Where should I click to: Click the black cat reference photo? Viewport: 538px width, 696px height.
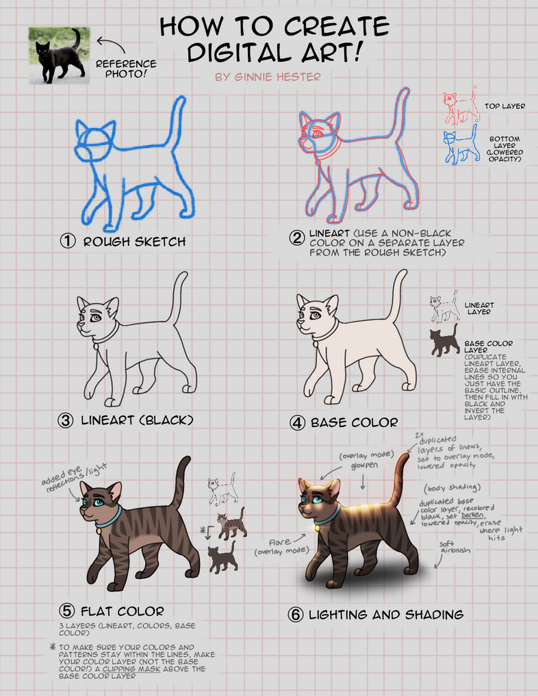click(x=58, y=55)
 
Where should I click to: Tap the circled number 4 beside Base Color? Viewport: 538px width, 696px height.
click(x=296, y=422)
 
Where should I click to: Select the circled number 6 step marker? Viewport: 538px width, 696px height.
click(x=296, y=615)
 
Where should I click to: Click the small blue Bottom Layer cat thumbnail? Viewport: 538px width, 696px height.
click(x=461, y=146)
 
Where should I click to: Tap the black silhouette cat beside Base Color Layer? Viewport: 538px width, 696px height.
click(x=444, y=341)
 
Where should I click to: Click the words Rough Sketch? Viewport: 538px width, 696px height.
click(x=134, y=242)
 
